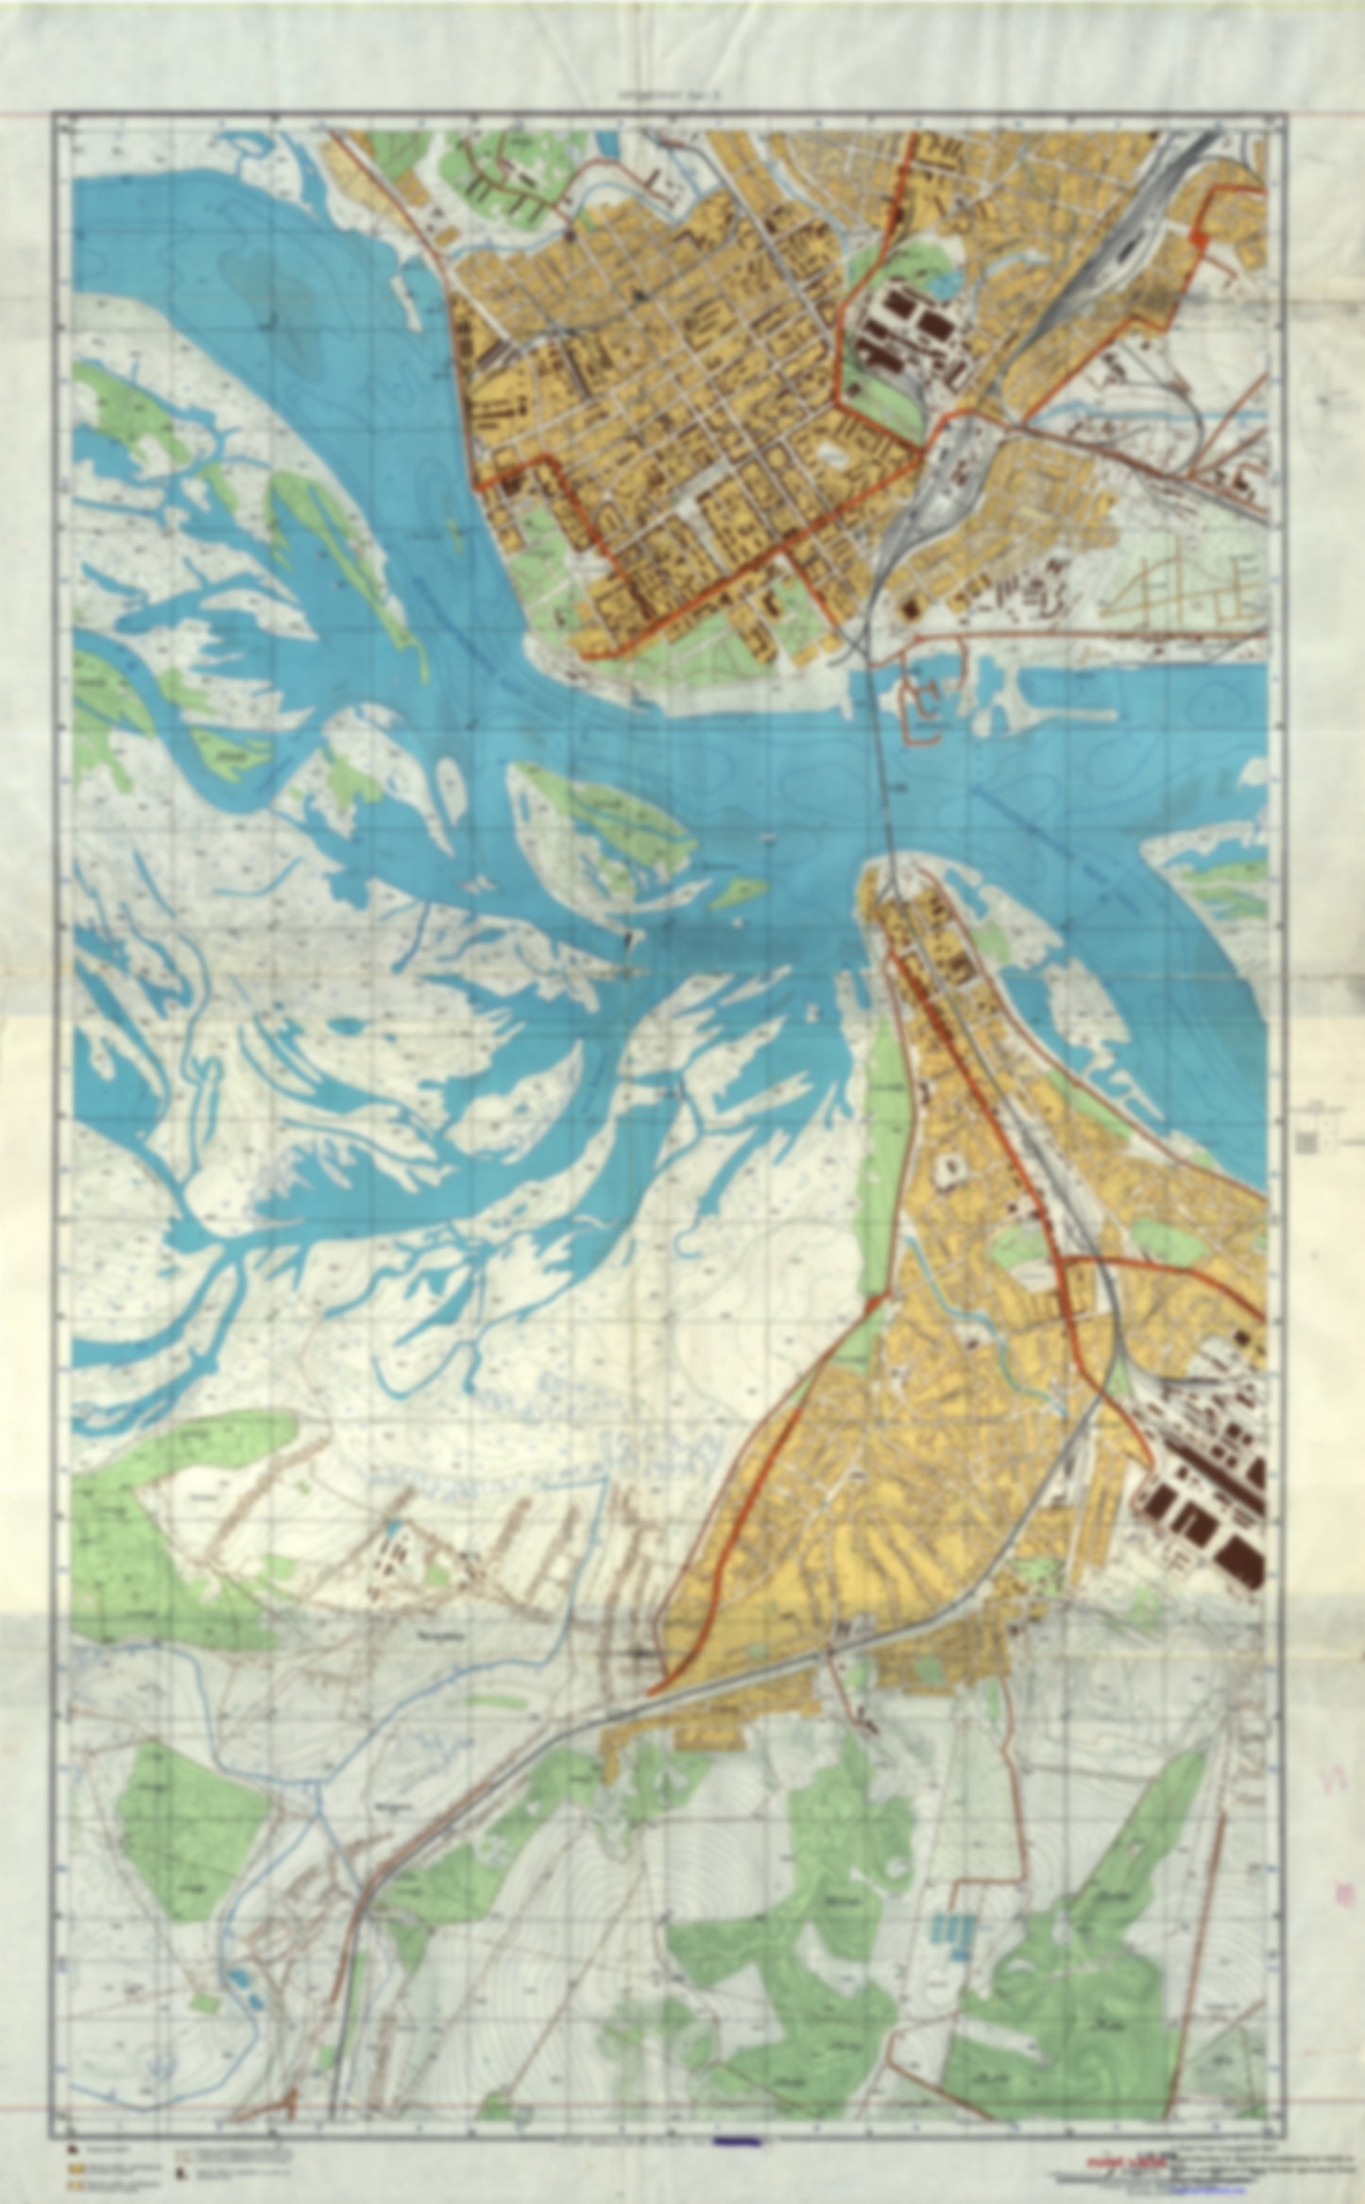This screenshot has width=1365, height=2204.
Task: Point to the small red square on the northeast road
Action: (x=1201, y=240)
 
